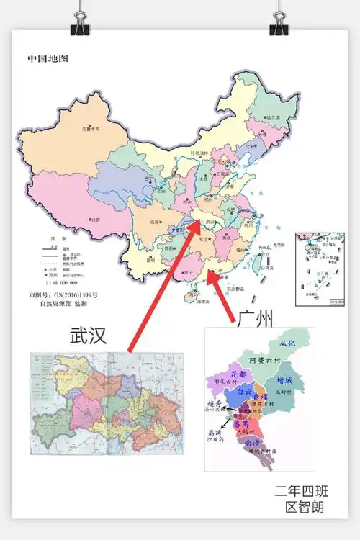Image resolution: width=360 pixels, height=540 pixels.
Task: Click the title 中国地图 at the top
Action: [x=47, y=58]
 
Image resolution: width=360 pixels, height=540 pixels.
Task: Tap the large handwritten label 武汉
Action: [x=88, y=336]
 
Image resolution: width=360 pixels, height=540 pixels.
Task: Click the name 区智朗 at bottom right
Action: [x=305, y=508]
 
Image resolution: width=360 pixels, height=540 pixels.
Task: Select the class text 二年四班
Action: [x=301, y=492]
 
